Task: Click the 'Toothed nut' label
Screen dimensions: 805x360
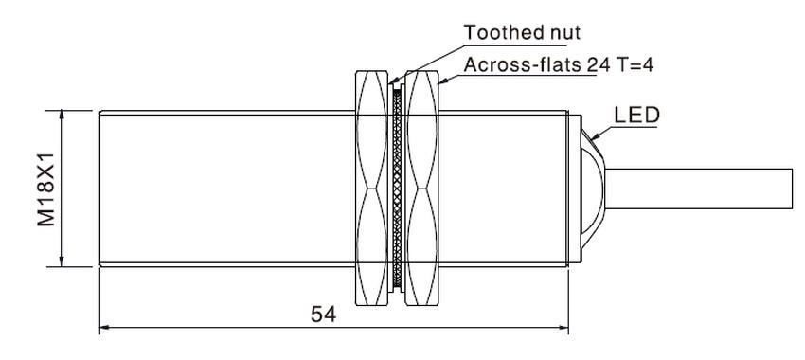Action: (x=522, y=32)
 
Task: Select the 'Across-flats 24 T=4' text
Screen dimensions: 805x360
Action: (x=559, y=65)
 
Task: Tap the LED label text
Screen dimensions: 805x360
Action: (x=636, y=116)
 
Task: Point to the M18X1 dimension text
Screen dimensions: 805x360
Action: (x=45, y=189)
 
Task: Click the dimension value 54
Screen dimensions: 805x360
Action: (x=324, y=315)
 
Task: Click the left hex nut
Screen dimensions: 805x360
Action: (x=371, y=188)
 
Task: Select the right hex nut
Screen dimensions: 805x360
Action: (x=422, y=188)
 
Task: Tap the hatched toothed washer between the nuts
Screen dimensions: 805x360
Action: (x=397, y=188)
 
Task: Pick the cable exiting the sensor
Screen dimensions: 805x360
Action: (x=699, y=189)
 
